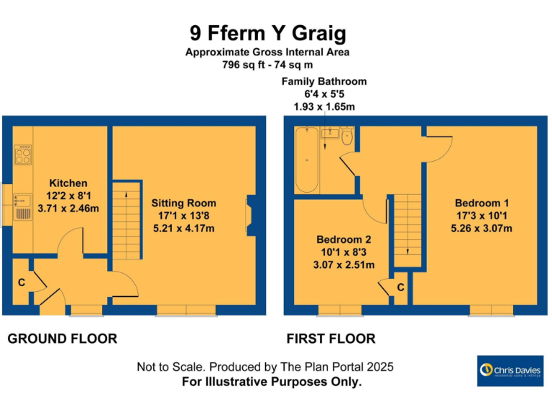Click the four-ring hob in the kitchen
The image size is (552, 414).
[x=23, y=152]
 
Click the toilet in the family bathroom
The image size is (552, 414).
[x=347, y=136]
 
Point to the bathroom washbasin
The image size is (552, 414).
[x=330, y=133]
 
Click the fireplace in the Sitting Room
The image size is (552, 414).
[x=249, y=215]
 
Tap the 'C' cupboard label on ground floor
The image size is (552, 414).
[x=22, y=282]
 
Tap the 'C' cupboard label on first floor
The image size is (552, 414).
[x=400, y=287]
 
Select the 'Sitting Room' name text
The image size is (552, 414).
[x=183, y=203]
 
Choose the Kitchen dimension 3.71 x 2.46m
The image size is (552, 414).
[x=68, y=208]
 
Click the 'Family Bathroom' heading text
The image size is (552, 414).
[x=324, y=81]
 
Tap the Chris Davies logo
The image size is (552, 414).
[x=510, y=371]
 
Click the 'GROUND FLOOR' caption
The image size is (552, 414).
[x=62, y=339]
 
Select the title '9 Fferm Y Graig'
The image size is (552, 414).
[x=267, y=33]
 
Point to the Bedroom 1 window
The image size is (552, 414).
[x=492, y=310]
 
